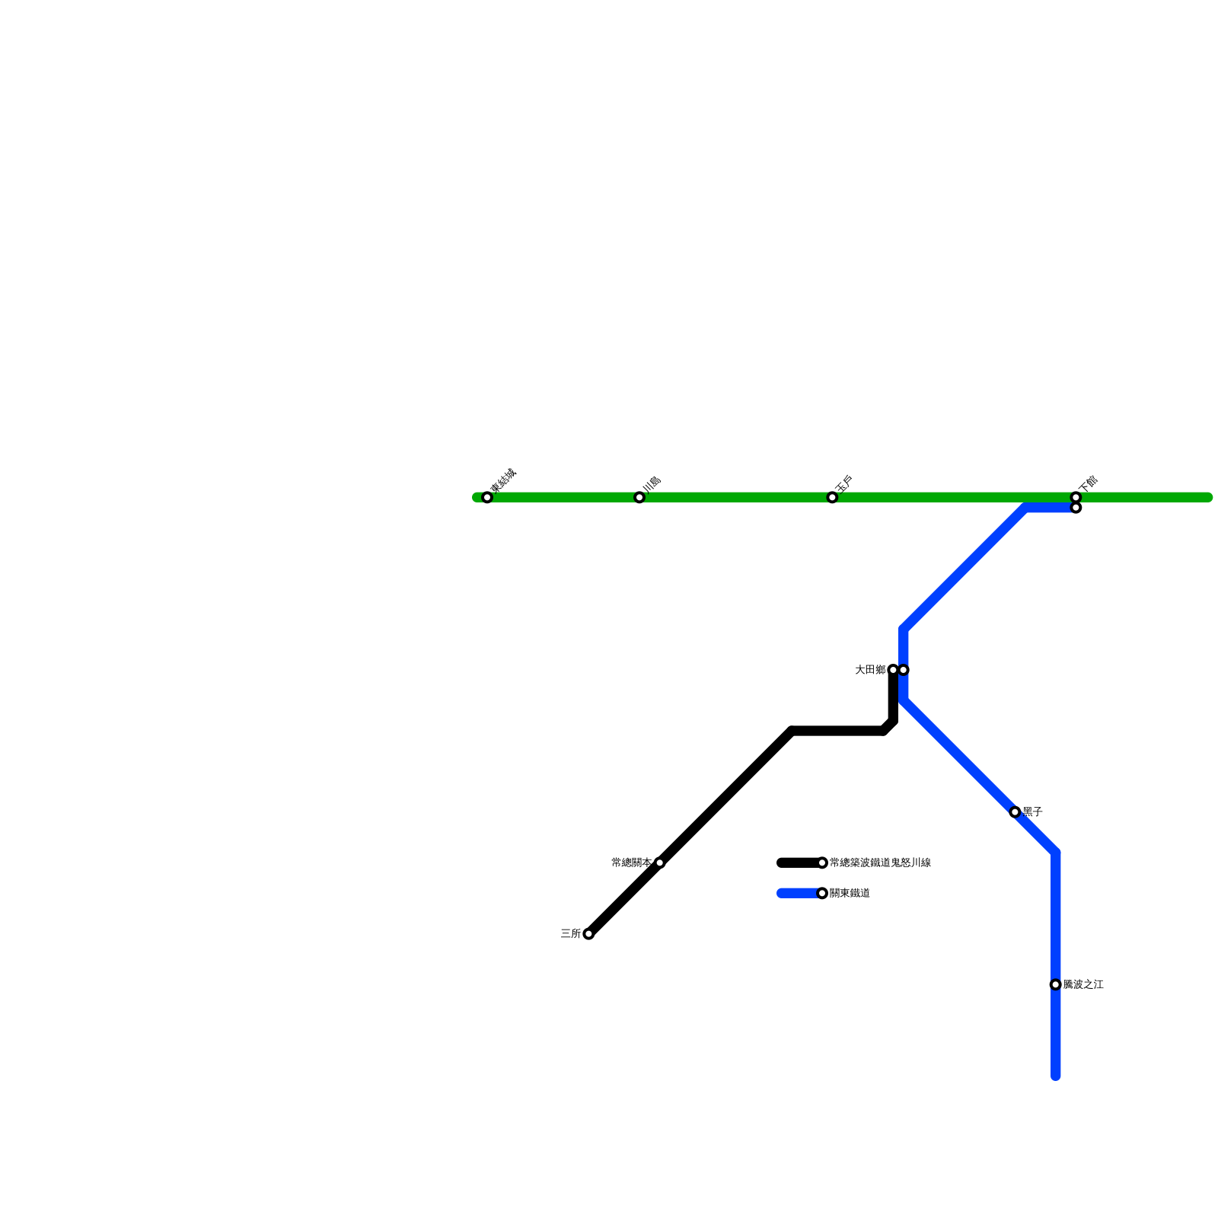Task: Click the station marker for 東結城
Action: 487,498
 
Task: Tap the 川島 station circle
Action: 639,498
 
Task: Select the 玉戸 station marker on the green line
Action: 832,498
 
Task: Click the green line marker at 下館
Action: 1076,498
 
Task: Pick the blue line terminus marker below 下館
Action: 1076,508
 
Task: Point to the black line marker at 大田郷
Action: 893,670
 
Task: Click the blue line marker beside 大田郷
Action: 904,670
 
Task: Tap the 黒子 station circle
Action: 1015,812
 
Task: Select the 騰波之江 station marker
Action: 1055,985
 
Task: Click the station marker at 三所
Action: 588,934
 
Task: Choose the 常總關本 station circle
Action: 659,862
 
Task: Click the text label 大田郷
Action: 869,670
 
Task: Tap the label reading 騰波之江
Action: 1083,985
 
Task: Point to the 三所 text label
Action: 570,934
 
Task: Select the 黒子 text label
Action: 1032,812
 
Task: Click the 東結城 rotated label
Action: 503,481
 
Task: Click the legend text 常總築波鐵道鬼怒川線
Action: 880,862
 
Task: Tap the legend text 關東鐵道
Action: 850,893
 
